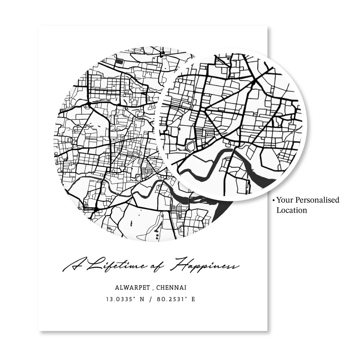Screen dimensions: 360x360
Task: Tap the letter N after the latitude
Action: coord(142,299)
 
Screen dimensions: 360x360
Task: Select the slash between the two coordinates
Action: coord(151,299)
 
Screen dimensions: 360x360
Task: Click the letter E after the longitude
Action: coord(193,299)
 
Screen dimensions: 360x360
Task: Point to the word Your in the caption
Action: coord(284,200)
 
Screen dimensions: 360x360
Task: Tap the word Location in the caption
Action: coord(292,210)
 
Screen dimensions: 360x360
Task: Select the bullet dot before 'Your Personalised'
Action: coord(274,200)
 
